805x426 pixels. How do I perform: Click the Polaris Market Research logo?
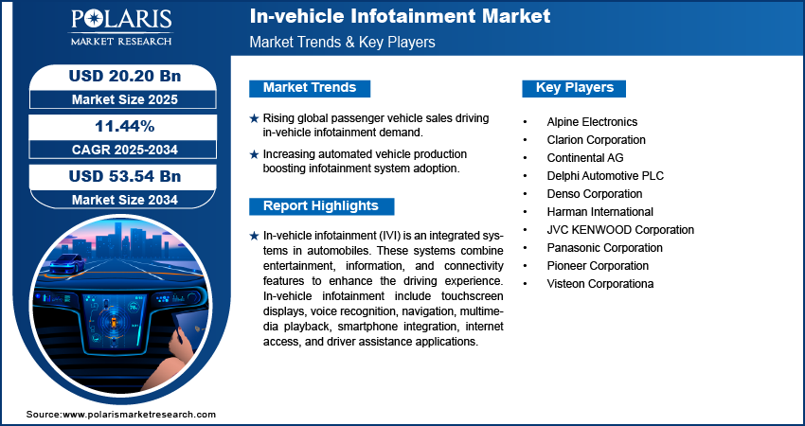pos(121,27)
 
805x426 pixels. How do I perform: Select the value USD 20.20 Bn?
pos(125,76)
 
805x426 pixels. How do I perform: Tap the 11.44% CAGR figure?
pos(125,126)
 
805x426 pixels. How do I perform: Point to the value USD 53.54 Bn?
pos(125,176)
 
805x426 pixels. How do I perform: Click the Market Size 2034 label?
pos(125,200)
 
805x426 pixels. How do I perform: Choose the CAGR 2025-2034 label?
pos(125,150)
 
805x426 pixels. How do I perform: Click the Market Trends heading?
pos(310,87)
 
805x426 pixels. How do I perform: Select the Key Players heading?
pos(575,87)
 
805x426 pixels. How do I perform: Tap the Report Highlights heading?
pos(321,205)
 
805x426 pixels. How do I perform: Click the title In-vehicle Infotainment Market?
pos(400,16)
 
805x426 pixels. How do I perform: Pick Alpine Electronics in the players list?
pos(592,121)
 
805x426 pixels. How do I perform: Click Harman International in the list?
pos(600,211)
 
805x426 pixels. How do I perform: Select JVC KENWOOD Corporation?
pos(620,229)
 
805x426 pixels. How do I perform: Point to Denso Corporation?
pos(595,193)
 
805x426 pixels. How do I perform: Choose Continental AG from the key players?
pos(585,157)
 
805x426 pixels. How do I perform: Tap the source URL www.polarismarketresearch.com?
pos(139,415)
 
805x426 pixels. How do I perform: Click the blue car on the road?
pos(66,263)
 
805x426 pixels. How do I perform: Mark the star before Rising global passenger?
pos(254,118)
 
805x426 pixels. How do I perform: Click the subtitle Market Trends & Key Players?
pos(343,42)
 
